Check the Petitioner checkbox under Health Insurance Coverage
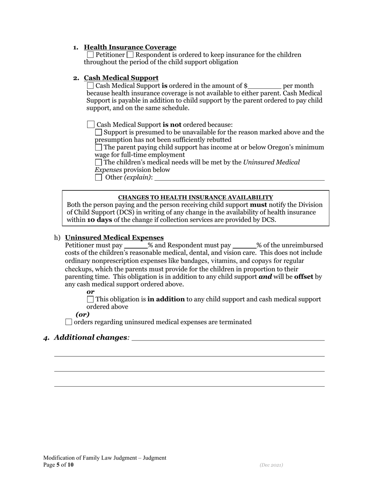[x=90, y=55]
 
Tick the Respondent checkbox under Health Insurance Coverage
[x=130, y=55]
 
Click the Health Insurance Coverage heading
[x=130, y=47]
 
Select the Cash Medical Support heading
[x=121, y=78]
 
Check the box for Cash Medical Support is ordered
[x=90, y=86]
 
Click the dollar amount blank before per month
[x=265, y=86]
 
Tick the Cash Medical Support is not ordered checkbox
[x=91, y=124]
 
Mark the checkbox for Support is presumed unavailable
[x=98, y=132]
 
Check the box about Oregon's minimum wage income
[x=98, y=147]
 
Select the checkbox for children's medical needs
[x=98, y=162]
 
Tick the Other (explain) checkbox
[x=98, y=178]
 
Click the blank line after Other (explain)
[x=239, y=178]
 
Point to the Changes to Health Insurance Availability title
[x=195, y=197]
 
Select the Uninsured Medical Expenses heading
[x=114, y=238]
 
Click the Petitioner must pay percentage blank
[x=136, y=245]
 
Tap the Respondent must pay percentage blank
[x=244, y=245]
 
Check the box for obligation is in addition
[x=90, y=299]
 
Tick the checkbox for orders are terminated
[x=69, y=322]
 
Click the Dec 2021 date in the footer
[x=271, y=465]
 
